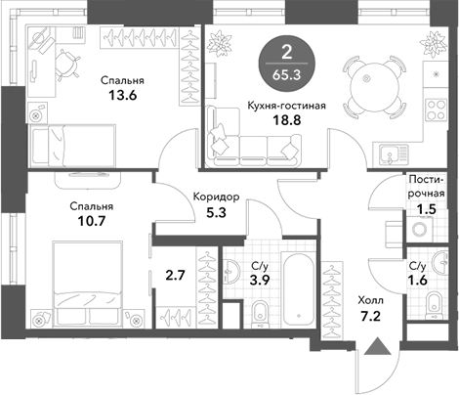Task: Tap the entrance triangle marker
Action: click(x=378, y=346)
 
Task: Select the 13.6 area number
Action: click(x=122, y=96)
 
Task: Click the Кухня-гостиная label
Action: click(x=286, y=106)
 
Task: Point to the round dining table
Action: click(x=374, y=87)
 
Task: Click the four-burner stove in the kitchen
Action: click(x=436, y=110)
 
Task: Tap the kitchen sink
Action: click(x=394, y=154)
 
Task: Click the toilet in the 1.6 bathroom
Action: click(x=435, y=305)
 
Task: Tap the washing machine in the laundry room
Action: click(x=420, y=229)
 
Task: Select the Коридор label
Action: click(x=216, y=197)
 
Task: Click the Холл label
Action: click(x=370, y=300)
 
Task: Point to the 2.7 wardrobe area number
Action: click(x=175, y=276)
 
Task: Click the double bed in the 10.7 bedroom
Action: click(x=88, y=284)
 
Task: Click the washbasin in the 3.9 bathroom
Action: click(x=231, y=271)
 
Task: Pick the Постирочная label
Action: click(x=427, y=187)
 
